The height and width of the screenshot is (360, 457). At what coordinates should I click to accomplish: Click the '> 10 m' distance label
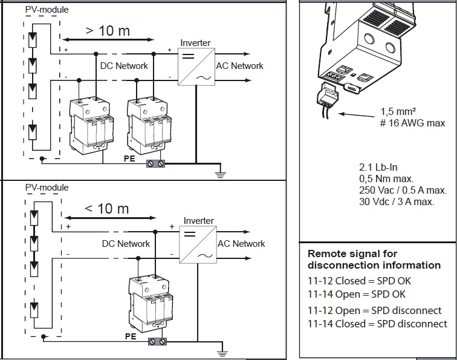(107, 30)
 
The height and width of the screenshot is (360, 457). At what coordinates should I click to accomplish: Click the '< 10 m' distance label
(106, 209)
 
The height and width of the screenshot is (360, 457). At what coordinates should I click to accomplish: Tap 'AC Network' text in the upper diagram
(239, 65)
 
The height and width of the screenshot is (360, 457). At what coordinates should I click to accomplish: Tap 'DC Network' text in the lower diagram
(125, 243)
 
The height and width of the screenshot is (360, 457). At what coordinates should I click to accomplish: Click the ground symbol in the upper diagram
(220, 175)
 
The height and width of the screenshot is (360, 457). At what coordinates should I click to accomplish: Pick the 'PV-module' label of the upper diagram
(47, 10)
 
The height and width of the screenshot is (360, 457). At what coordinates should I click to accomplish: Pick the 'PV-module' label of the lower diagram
(47, 188)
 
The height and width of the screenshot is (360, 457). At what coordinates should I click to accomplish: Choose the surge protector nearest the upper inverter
(147, 124)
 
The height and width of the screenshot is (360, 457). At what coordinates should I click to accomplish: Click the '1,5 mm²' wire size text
(400, 111)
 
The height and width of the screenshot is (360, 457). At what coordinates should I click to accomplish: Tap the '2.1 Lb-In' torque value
(379, 167)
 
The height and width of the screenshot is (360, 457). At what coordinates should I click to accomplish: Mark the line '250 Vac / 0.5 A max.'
(403, 190)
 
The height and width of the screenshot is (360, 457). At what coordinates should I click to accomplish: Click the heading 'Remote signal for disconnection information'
(374, 260)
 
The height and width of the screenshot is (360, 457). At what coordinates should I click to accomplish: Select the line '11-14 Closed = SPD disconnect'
(378, 324)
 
